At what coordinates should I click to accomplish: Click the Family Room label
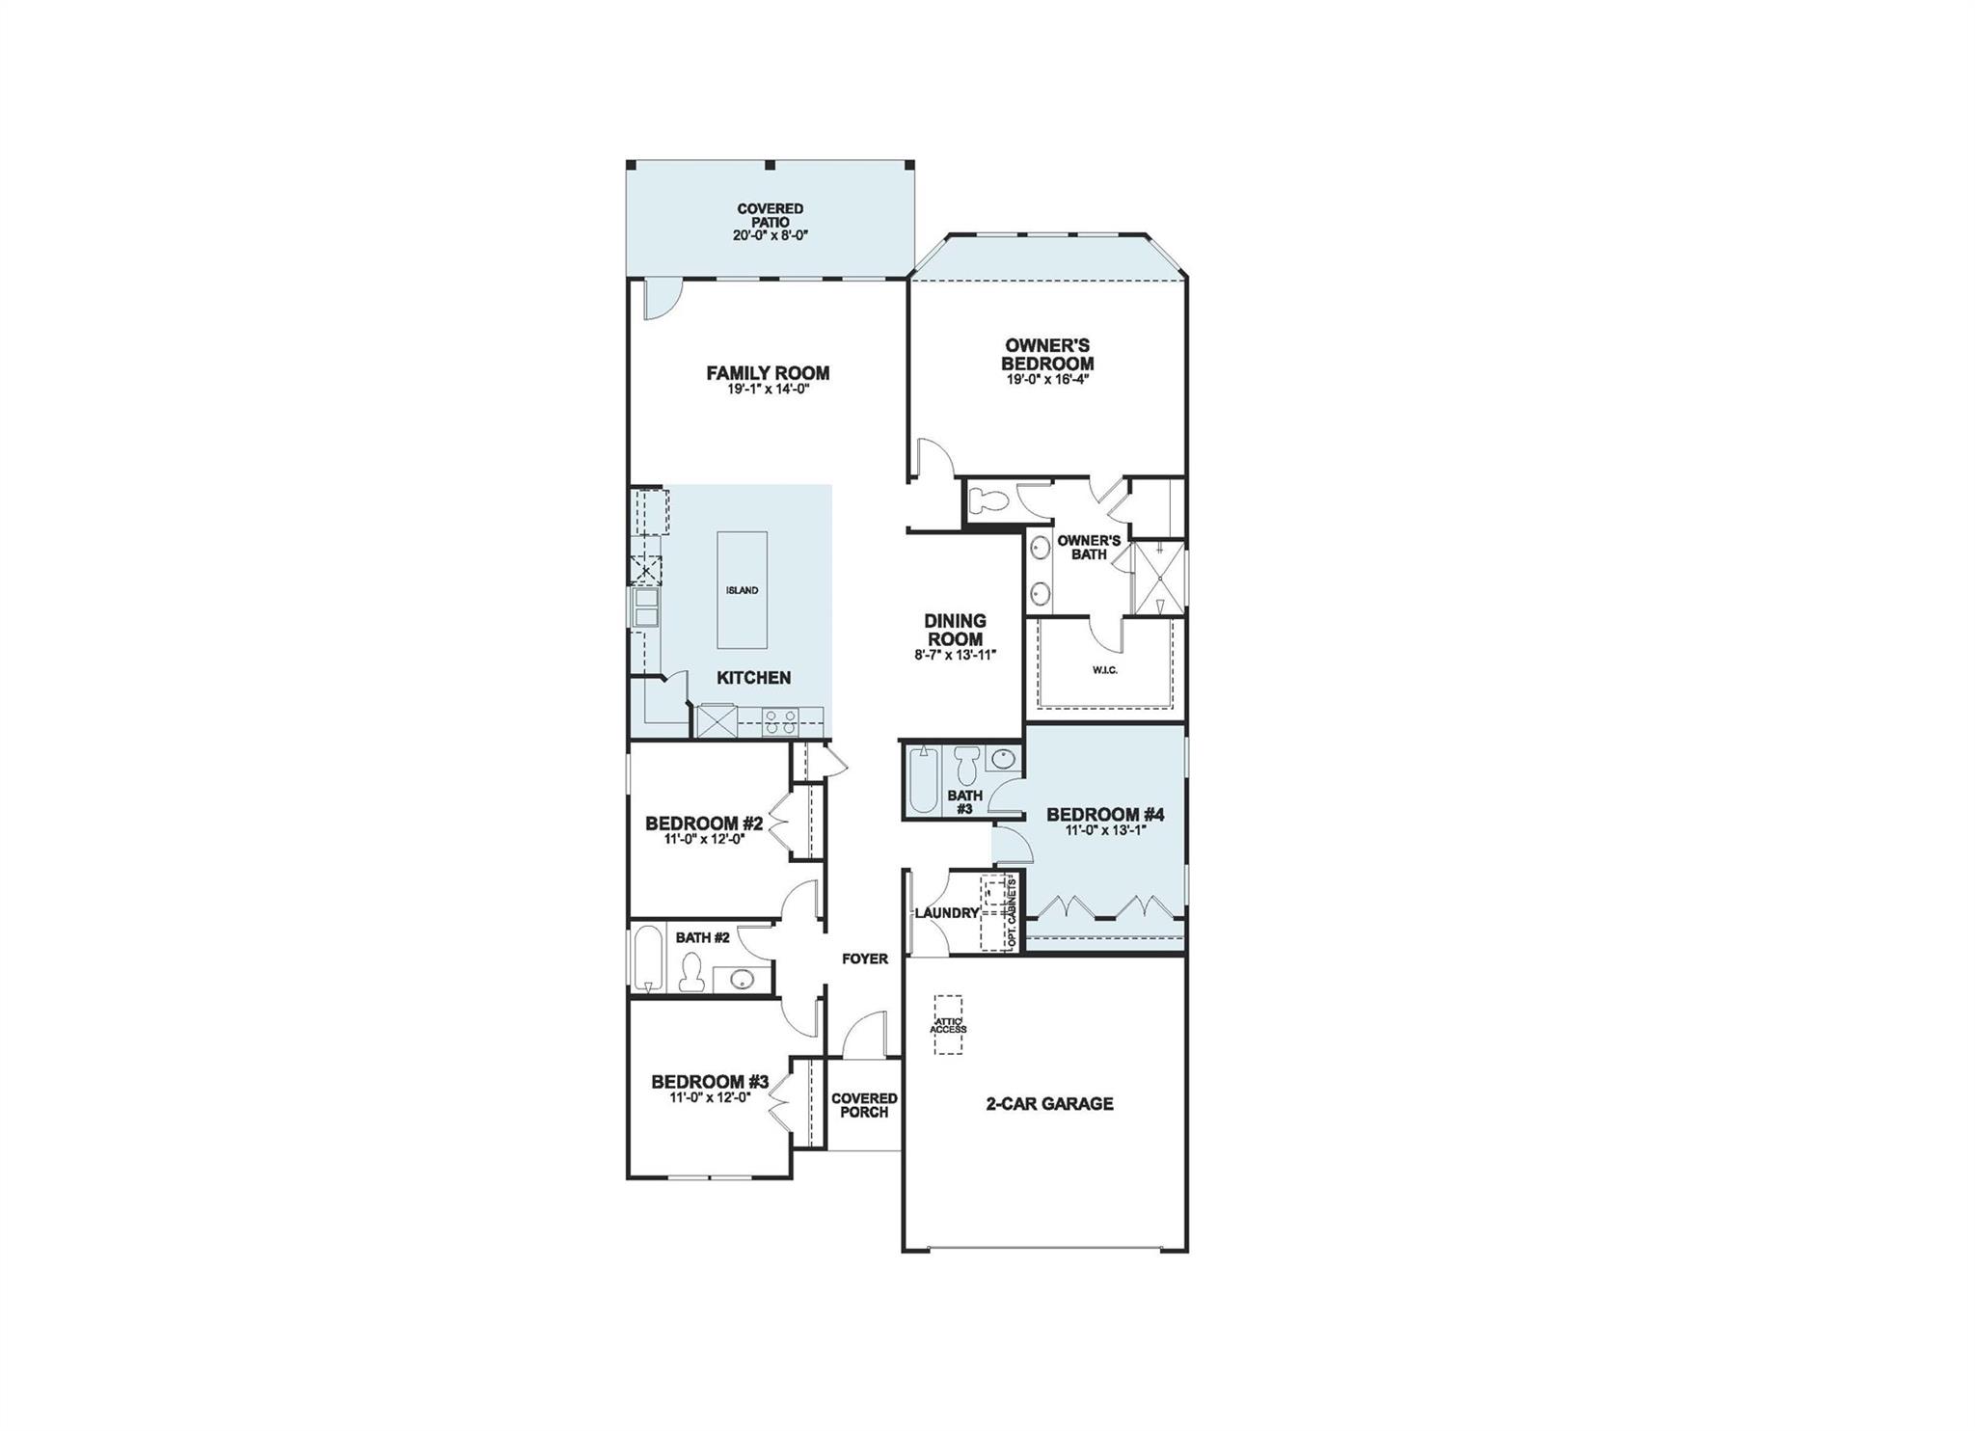pyautogui.click(x=768, y=373)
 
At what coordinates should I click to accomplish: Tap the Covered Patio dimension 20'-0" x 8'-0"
pyautogui.click(x=770, y=235)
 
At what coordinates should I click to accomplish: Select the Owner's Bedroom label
pyautogui.click(x=1047, y=354)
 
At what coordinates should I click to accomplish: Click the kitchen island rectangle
pyautogui.click(x=743, y=590)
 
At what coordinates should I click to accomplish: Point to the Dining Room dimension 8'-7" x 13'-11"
pyautogui.click(x=955, y=655)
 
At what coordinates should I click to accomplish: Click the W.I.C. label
pyautogui.click(x=1105, y=670)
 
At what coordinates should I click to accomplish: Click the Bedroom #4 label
pyautogui.click(x=1105, y=815)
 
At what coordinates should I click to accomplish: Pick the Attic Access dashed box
pyautogui.click(x=947, y=1025)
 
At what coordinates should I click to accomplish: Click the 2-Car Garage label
pyautogui.click(x=1049, y=1103)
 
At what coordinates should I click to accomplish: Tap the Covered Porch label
pyautogui.click(x=864, y=1105)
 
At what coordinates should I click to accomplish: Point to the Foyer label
pyautogui.click(x=864, y=958)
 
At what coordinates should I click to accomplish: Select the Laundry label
pyautogui.click(x=947, y=912)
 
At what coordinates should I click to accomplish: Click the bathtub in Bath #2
pyautogui.click(x=648, y=958)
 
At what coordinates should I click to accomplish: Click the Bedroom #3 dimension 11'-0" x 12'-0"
pyautogui.click(x=710, y=1096)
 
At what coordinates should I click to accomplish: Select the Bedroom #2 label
pyautogui.click(x=704, y=823)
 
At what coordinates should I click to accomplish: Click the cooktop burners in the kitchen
pyautogui.click(x=779, y=720)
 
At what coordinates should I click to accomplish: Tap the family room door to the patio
pyautogui.click(x=656, y=297)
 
